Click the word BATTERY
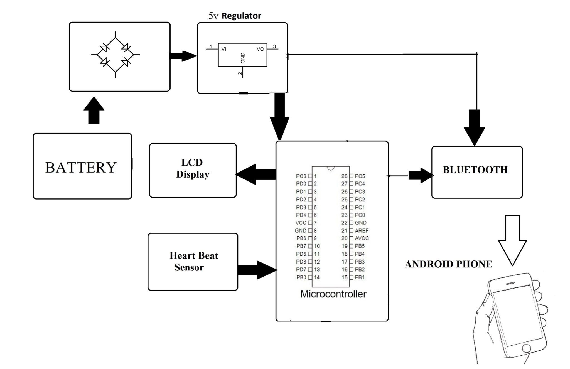click(81, 167)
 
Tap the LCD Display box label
click(193, 168)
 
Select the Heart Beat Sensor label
click(193, 261)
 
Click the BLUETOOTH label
click(475, 170)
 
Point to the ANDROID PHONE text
click(448, 264)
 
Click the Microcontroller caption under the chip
click(333, 294)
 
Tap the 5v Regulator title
click(235, 16)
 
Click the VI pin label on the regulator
click(223, 49)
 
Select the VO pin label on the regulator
click(260, 49)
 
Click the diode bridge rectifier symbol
click(115, 55)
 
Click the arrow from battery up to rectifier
click(94, 110)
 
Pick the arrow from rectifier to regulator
click(183, 56)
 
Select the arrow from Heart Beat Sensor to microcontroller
click(257, 270)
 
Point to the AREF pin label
click(362, 231)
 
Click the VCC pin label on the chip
click(301, 223)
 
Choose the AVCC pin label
click(362, 238)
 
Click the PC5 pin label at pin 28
click(360, 176)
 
